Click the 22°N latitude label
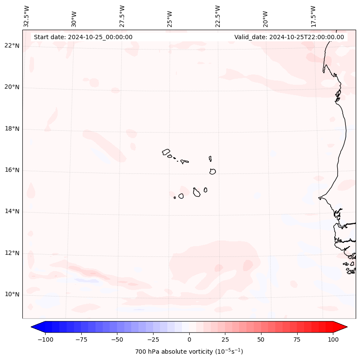(x=12, y=46)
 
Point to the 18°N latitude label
(x=12, y=129)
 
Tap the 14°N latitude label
(x=12, y=211)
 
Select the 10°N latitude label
(x=12, y=294)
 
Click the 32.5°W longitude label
(x=27, y=16)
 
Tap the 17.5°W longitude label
(x=313, y=16)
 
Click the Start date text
(x=83, y=37)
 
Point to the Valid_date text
(x=289, y=37)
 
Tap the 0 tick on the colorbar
(x=189, y=339)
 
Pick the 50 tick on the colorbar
(x=261, y=339)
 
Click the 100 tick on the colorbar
(x=333, y=339)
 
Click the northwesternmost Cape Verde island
(x=166, y=152)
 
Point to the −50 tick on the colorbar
(x=117, y=339)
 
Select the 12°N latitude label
(x=12, y=253)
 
